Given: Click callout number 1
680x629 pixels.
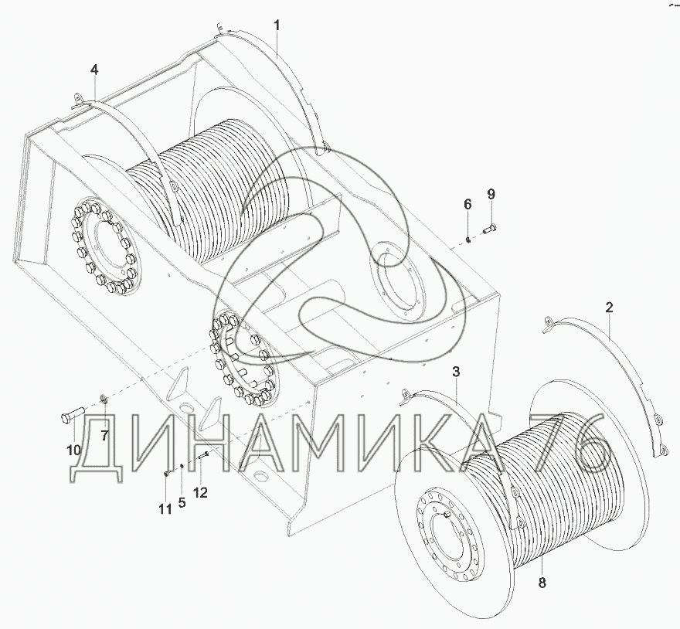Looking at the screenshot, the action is coord(277,25).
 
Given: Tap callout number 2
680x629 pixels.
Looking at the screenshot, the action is coord(610,308).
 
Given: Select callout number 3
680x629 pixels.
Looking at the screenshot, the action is coord(456,372).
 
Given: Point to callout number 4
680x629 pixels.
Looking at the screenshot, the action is coord(94,69).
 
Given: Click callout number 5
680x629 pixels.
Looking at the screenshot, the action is coord(182,503).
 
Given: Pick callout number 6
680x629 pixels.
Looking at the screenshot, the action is coord(467,204).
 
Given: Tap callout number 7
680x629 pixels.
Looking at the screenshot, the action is coord(104,436).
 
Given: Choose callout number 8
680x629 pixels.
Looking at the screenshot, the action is coord(542,583).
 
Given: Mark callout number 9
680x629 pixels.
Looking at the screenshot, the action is coord(491,194).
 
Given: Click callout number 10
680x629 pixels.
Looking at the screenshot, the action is coord(73,450).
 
